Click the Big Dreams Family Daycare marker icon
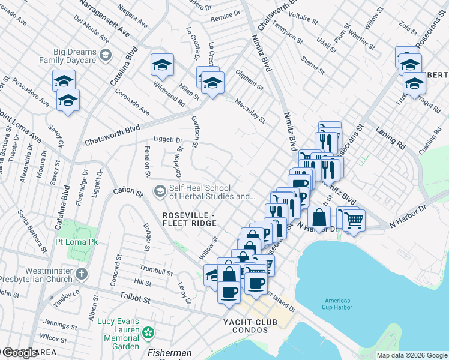click(x=106, y=55)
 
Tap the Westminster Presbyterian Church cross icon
click(x=82, y=274)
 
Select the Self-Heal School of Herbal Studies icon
click(x=160, y=191)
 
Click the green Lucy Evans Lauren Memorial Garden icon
click(x=148, y=332)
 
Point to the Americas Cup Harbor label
click(x=341, y=304)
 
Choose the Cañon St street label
click(x=127, y=193)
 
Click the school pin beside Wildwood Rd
click(x=162, y=67)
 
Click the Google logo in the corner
click(x=20, y=353)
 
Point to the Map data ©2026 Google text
click(x=411, y=355)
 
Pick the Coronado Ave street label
click(x=132, y=102)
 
